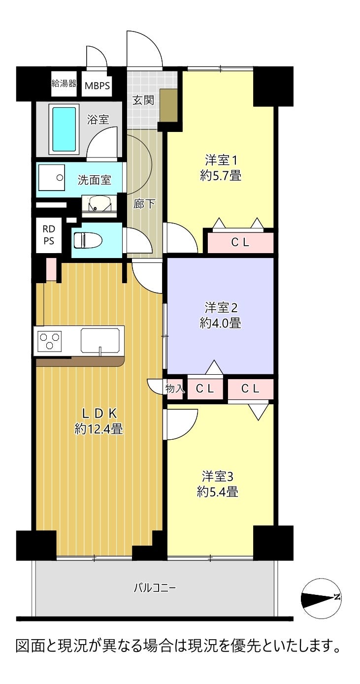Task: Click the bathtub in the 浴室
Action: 64,129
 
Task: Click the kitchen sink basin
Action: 99,340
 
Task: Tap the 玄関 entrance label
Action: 143,100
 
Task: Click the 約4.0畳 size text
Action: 220,323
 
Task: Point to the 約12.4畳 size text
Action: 98,429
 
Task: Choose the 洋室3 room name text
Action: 217,476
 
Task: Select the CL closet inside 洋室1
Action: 240,242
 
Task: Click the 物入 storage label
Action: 175,389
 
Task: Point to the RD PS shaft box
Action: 49,235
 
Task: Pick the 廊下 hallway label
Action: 144,204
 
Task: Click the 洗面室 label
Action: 94,180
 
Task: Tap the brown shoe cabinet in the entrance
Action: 168,105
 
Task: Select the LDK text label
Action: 99,413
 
